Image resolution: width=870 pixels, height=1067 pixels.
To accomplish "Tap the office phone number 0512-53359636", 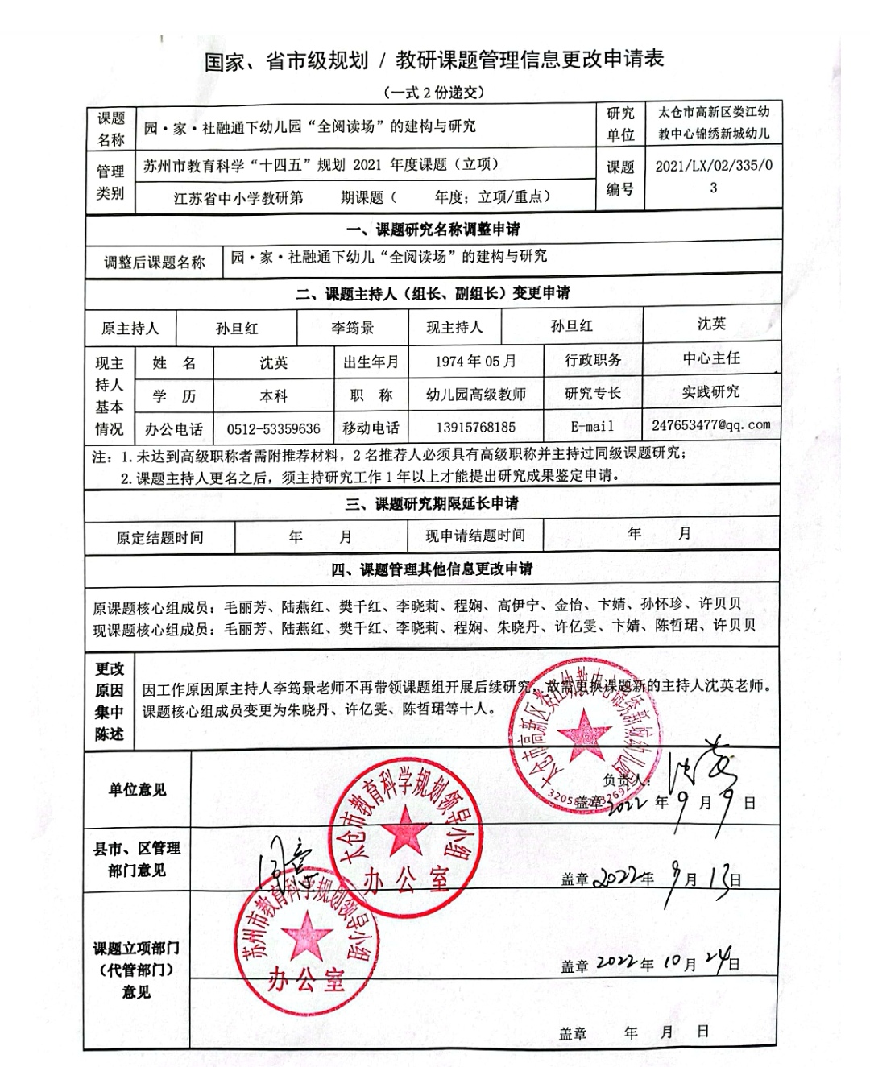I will tap(273, 428).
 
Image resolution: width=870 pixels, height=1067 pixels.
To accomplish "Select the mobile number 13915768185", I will tap(474, 428).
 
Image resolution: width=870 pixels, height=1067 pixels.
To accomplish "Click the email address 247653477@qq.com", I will tap(710, 424).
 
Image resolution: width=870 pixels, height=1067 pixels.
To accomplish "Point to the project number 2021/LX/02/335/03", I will tap(713, 176).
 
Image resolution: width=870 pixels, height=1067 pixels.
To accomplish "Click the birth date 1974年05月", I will tap(475, 362).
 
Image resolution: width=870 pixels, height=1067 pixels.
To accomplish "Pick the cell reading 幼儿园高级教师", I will tap(475, 395).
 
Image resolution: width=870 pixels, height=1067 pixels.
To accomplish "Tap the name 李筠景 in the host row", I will tap(353, 328).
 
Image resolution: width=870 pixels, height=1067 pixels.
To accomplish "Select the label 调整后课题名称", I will tap(155, 262).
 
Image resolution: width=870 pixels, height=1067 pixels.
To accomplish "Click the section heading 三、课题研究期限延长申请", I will tap(433, 504).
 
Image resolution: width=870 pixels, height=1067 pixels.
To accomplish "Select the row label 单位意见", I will tap(137, 790).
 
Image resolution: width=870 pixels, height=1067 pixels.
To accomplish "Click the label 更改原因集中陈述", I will tap(110, 701).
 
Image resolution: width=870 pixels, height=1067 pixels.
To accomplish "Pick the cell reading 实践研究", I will tap(710, 392).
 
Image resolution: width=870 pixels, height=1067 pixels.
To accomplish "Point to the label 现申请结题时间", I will tap(475, 536).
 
